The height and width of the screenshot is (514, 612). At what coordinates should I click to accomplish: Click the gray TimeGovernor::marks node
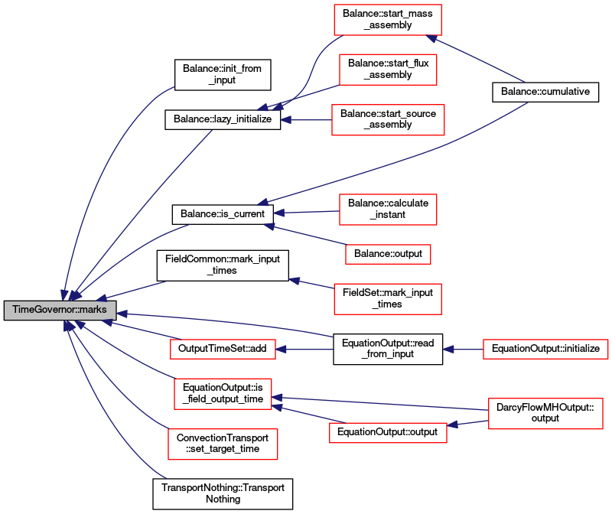60,310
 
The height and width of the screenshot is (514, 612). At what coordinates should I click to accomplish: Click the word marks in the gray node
93,310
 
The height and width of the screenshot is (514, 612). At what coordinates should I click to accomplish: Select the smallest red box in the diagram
388,254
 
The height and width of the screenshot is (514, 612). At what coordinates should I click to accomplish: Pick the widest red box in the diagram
545,349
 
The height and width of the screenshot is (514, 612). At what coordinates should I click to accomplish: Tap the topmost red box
387,20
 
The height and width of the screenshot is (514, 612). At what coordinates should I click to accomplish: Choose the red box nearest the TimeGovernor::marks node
223,349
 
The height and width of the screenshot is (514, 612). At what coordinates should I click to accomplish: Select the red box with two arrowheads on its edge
223,394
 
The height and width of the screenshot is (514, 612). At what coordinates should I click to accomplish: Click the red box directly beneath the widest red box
545,413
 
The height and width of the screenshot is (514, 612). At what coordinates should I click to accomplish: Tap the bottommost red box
223,444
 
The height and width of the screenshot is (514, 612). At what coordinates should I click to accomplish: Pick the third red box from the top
388,120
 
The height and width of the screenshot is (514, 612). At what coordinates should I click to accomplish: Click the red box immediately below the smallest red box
387,298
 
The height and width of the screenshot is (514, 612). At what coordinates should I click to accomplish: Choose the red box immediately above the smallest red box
388,210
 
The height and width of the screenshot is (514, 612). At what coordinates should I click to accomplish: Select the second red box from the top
388,70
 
